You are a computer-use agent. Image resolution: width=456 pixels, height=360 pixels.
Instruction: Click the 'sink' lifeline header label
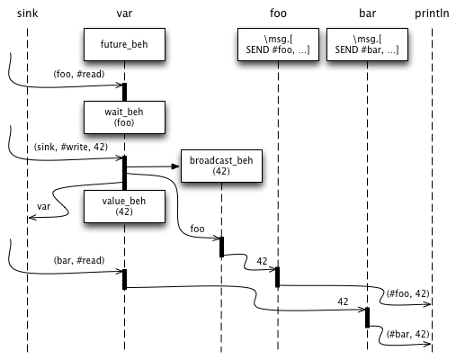pos(27,13)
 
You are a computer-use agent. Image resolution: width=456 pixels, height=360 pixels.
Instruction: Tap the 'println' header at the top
pos(432,13)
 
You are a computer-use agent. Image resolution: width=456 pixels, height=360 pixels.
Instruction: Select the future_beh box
pos(124,44)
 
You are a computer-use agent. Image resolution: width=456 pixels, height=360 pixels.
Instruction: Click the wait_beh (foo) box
pos(124,117)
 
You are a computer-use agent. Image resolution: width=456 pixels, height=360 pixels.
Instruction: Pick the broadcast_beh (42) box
pos(221,166)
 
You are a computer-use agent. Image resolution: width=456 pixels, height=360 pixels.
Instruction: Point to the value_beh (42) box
pos(124,206)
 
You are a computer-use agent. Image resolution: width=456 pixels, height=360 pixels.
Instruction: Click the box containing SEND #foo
pos(278,44)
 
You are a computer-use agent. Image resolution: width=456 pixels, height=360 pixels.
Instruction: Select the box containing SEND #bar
pos(367,44)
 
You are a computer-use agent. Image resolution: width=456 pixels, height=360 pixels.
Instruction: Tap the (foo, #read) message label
pos(79,74)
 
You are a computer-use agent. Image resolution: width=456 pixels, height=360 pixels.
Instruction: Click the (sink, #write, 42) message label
pos(71,147)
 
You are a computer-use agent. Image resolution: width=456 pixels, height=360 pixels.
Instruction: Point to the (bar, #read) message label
pos(79,260)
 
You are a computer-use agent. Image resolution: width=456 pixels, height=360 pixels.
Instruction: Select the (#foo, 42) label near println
pos(408,293)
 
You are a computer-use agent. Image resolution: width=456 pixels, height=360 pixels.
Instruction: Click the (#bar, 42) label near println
pos(408,334)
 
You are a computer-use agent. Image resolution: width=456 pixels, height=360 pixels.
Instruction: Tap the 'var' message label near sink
pos(43,207)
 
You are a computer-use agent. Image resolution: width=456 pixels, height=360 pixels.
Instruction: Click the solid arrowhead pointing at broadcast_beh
pos(175,166)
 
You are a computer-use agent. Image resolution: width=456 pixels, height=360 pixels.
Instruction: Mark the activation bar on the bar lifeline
pos(367,318)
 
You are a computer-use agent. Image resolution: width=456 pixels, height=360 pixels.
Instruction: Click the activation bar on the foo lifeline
pos(278,277)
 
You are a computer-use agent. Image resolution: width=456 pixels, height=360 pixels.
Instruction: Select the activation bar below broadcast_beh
pos(221,247)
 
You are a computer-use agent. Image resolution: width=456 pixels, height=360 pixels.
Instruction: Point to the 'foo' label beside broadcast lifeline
pos(197,229)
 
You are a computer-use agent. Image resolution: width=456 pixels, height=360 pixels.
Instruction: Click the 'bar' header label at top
pos(367,13)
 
